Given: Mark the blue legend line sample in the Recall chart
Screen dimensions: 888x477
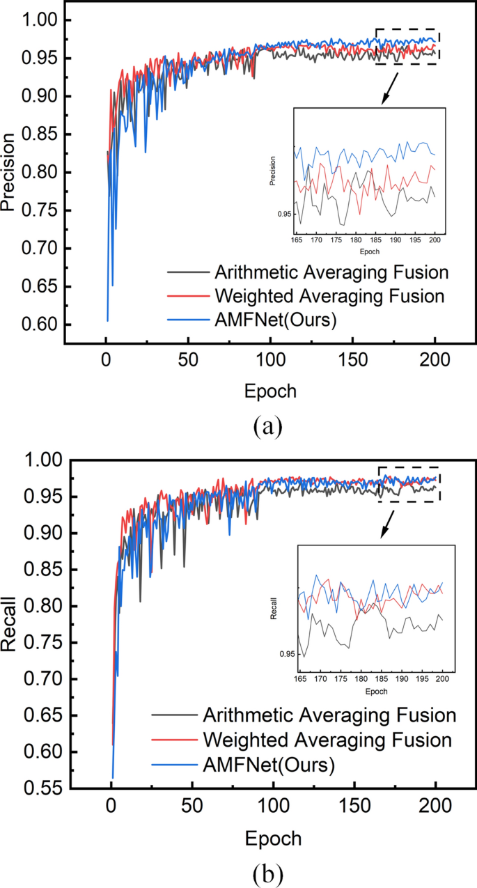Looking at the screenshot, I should pos(173,763).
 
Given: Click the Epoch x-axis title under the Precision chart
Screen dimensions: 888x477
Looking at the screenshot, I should pos(270,391).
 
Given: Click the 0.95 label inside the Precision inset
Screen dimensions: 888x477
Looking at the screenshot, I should pos(285,215).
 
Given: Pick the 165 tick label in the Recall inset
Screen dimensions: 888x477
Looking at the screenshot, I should pos(301,678).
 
